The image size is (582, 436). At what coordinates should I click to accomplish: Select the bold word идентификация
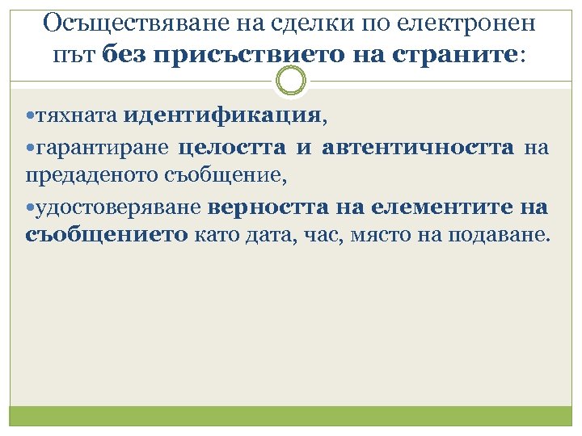[222, 116]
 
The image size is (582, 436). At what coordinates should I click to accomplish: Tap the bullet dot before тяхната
[30, 117]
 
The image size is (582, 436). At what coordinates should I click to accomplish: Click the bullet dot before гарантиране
[30, 148]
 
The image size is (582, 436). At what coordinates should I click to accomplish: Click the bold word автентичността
[417, 148]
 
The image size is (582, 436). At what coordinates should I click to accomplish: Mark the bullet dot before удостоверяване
[30, 208]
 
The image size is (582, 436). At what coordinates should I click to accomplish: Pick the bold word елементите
[433, 208]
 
